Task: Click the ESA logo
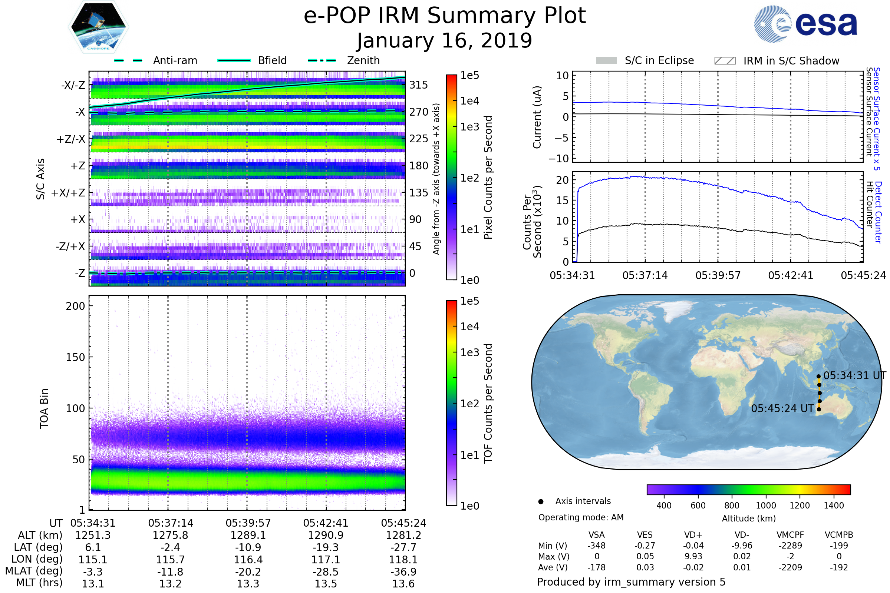(x=805, y=23)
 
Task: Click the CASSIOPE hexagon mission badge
(x=98, y=26)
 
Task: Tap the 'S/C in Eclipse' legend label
(x=659, y=60)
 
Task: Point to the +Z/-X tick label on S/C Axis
(x=71, y=139)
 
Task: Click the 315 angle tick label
(x=419, y=85)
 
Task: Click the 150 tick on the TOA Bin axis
(x=75, y=357)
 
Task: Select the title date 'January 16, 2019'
(x=445, y=40)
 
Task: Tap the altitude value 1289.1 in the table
(x=248, y=536)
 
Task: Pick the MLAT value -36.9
(x=403, y=572)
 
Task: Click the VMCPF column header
(x=790, y=535)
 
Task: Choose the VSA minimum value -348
(x=596, y=546)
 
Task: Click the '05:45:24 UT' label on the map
(x=782, y=408)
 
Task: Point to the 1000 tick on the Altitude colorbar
(x=766, y=506)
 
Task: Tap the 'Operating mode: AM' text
(x=581, y=517)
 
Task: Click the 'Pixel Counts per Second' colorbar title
(x=488, y=178)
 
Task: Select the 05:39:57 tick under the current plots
(x=718, y=275)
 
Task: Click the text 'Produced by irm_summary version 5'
(x=631, y=582)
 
